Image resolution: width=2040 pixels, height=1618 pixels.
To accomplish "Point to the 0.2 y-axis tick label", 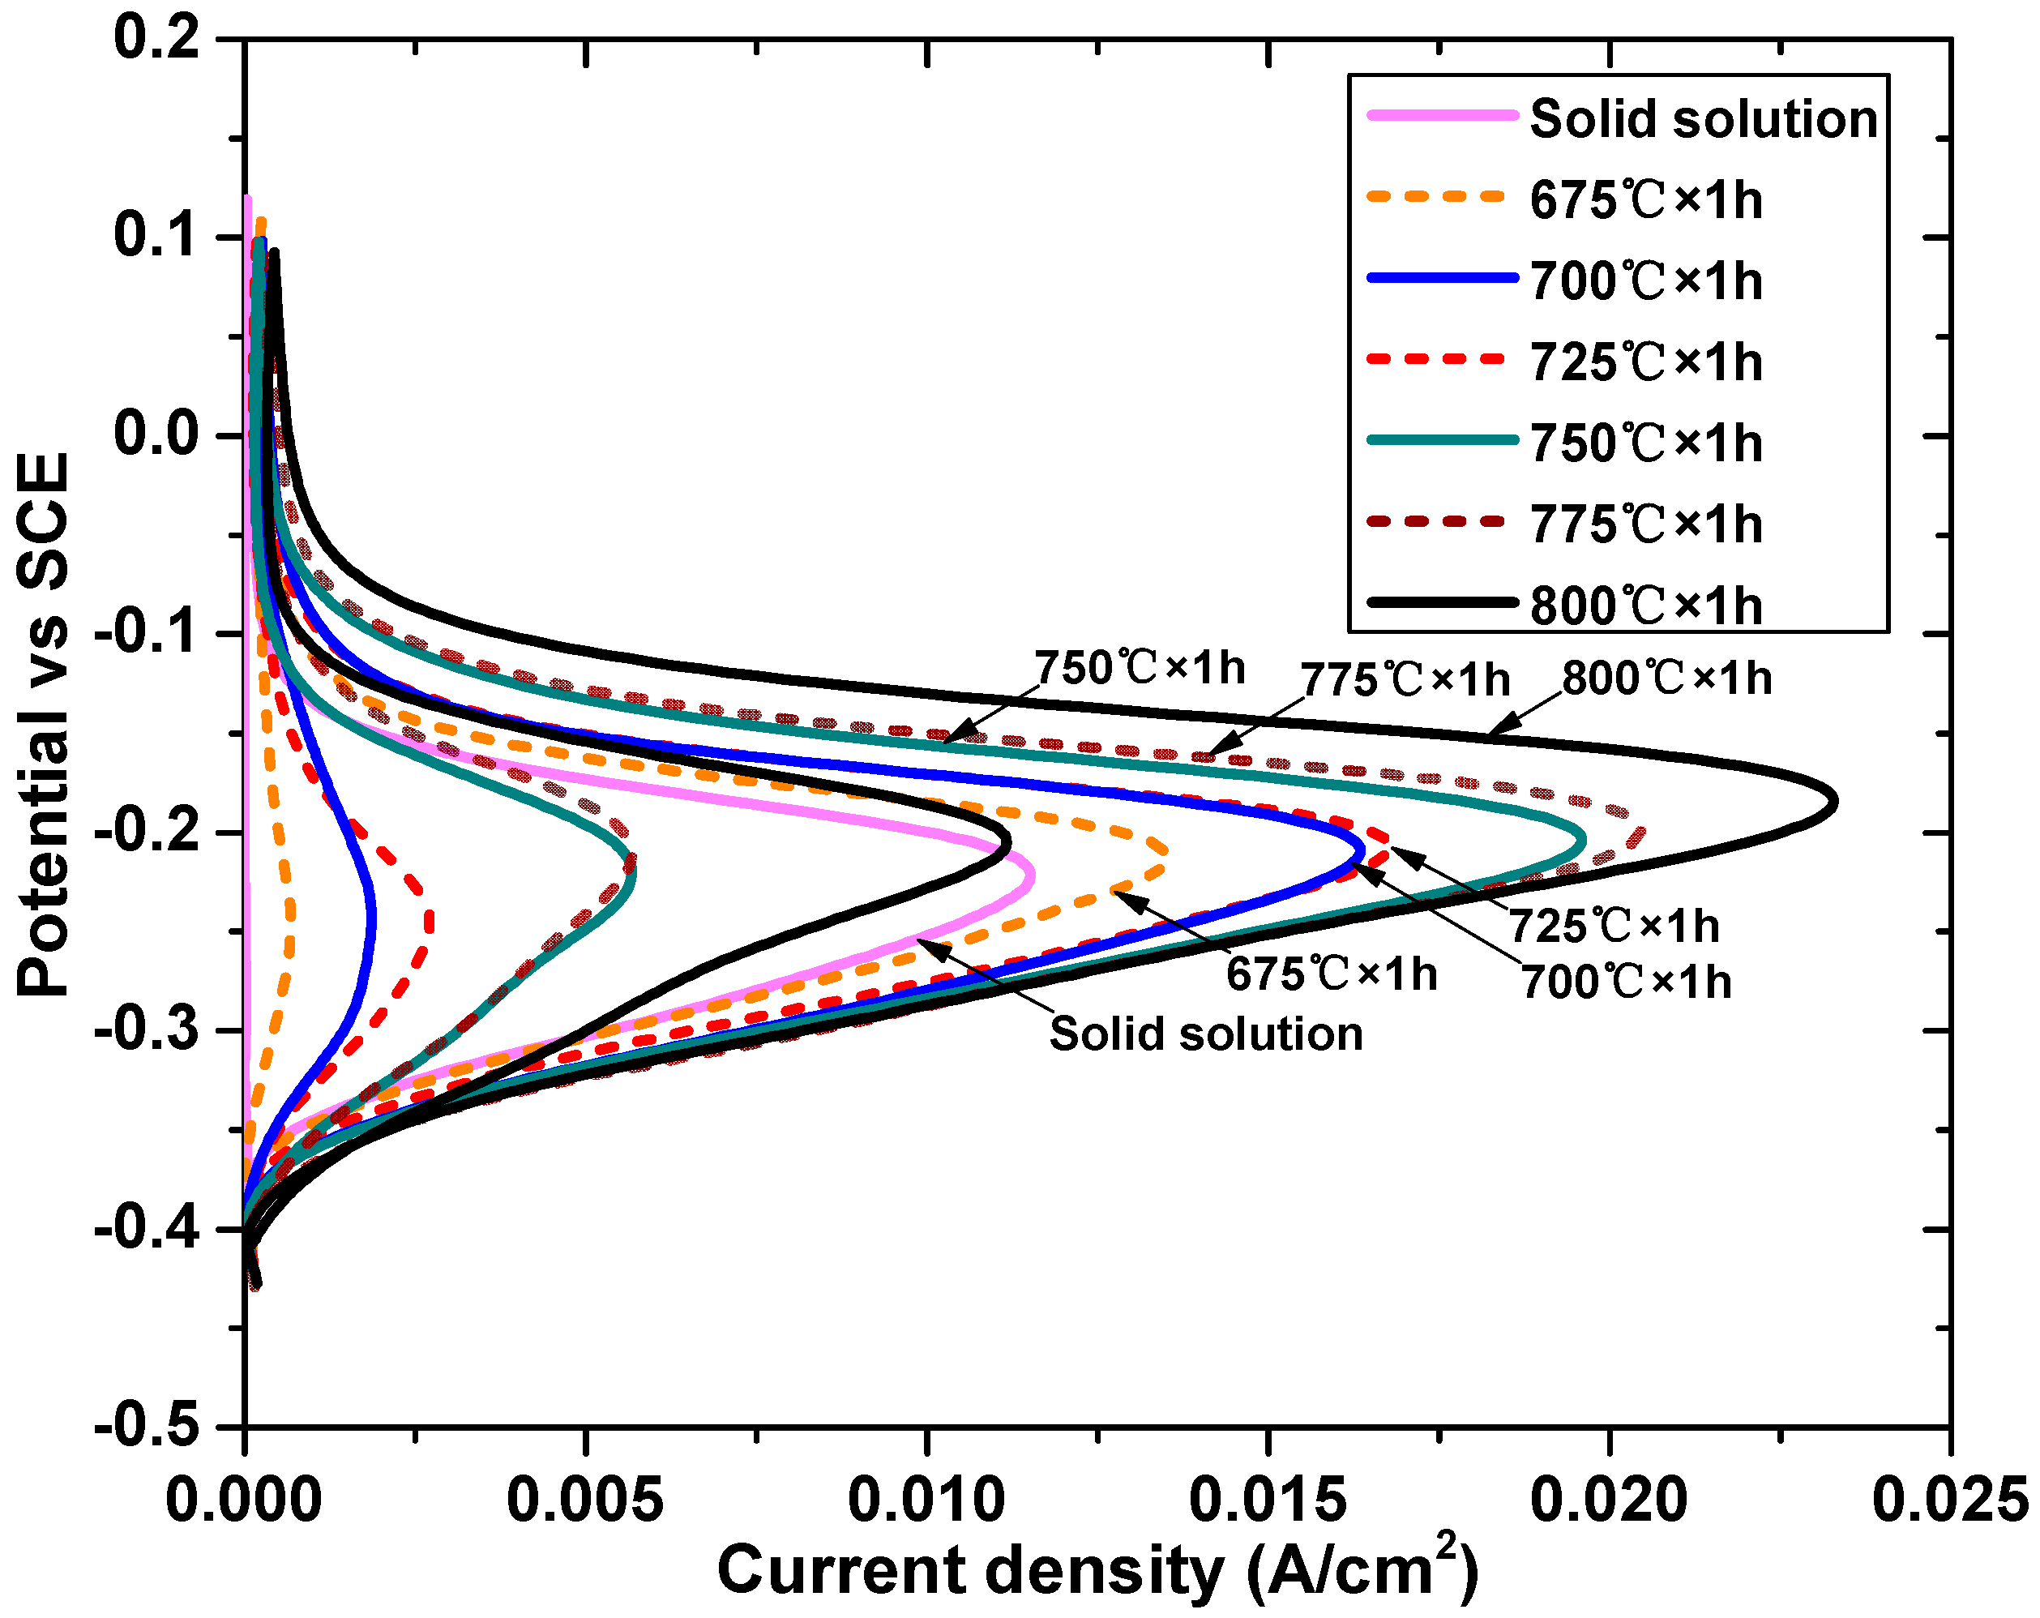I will [x=157, y=40].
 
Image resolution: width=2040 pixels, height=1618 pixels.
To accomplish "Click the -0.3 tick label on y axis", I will [x=148, y=1030].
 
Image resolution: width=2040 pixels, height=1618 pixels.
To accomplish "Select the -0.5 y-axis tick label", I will [x=148, y=1426].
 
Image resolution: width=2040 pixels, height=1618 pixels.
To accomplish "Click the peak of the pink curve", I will [x=1032, y=875].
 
